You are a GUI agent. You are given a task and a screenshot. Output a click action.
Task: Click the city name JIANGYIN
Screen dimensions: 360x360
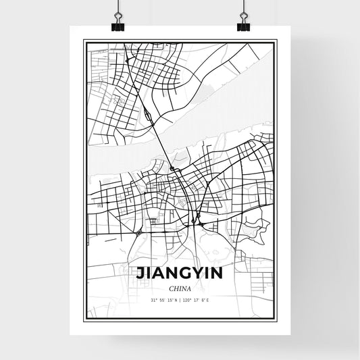[180, 274]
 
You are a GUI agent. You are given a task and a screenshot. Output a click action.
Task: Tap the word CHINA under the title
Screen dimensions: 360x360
[180, 288]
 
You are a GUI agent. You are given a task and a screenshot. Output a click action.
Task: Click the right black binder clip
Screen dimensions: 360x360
[242, 24]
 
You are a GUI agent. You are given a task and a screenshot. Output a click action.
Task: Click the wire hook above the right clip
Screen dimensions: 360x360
[242, 8]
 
